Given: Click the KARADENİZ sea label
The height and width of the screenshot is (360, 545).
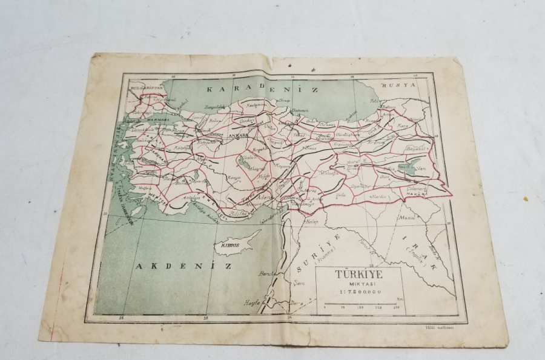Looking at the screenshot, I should (262, 89).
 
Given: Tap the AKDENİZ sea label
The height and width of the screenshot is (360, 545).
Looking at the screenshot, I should (175, 265).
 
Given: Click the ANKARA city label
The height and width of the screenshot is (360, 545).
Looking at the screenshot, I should (237, 136).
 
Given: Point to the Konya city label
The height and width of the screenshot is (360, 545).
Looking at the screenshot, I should (217, 178).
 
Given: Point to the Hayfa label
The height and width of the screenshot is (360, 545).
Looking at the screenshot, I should (251, 302).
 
